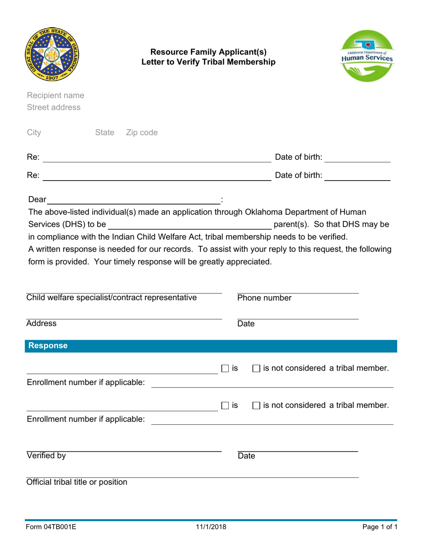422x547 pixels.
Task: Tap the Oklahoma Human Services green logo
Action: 366,55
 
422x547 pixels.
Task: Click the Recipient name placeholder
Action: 56,96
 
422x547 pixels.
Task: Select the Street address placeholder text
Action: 54,107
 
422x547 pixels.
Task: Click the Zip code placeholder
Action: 142,133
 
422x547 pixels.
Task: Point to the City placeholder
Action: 34,133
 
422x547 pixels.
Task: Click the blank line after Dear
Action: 134,200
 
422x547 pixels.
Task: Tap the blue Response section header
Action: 211,346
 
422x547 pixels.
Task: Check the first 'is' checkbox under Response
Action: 225,368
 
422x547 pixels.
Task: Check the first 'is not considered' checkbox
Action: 256,368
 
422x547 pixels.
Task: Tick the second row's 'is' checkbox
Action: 225,406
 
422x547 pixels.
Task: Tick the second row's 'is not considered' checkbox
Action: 256,406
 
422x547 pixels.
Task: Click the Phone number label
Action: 264,298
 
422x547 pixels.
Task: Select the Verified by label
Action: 46,455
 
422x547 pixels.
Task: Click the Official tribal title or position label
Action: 77,482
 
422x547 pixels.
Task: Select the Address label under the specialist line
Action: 41,324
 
